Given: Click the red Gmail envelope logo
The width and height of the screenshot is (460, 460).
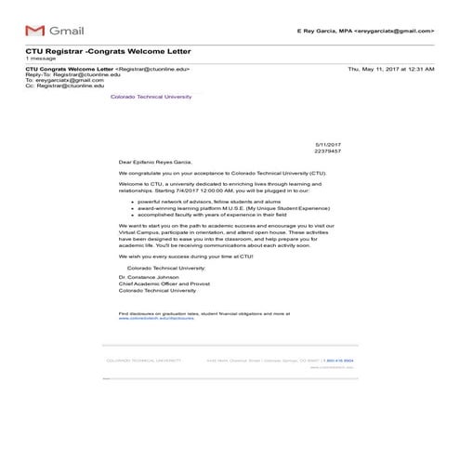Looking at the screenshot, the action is [x=34, y=31].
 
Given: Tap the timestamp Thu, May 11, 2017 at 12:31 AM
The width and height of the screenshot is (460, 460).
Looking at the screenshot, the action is [x=390, y=69].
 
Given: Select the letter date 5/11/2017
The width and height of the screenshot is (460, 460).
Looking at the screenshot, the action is [x=328, y=144].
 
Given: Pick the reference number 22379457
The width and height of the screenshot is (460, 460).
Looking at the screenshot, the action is [x=328, y=151].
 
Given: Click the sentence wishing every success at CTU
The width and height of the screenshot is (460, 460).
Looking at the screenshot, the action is [x=199, y=256].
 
